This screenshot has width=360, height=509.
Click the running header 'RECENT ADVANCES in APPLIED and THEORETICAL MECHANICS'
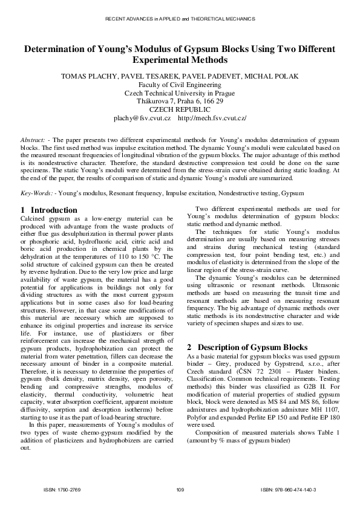[x=180, y=19]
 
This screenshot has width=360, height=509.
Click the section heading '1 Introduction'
[x=49, y=210]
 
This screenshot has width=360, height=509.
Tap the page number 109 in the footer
[x=180, y=489]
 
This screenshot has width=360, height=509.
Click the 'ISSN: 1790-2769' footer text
[x=62, y=489]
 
